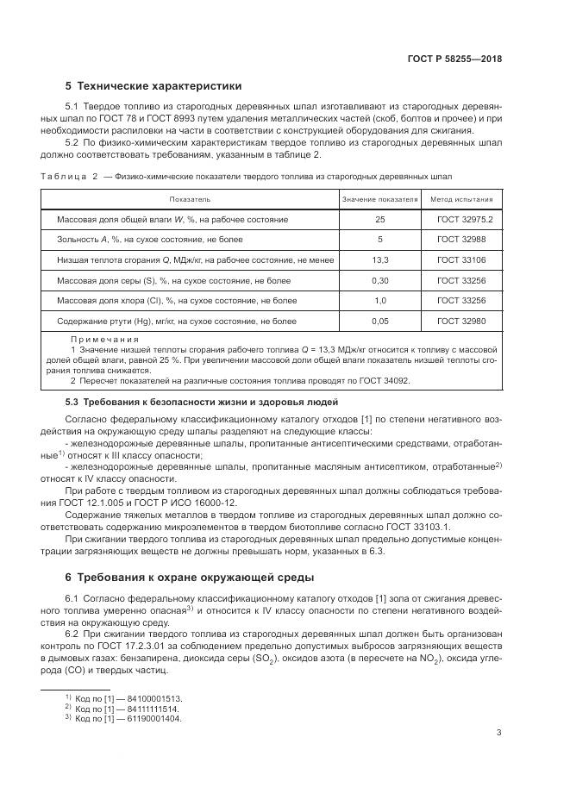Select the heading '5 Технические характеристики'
click(x=154, y=86)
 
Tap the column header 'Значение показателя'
click(x=379, y=199)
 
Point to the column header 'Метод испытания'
click(x=461, y=199)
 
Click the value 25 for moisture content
click(x=379, y=220)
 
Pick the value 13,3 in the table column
click(x=379, y=259)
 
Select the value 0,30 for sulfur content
click(x=379, y=279)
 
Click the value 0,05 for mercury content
click(x=379, y=321)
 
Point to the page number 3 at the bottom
click(x=499, y=734)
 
